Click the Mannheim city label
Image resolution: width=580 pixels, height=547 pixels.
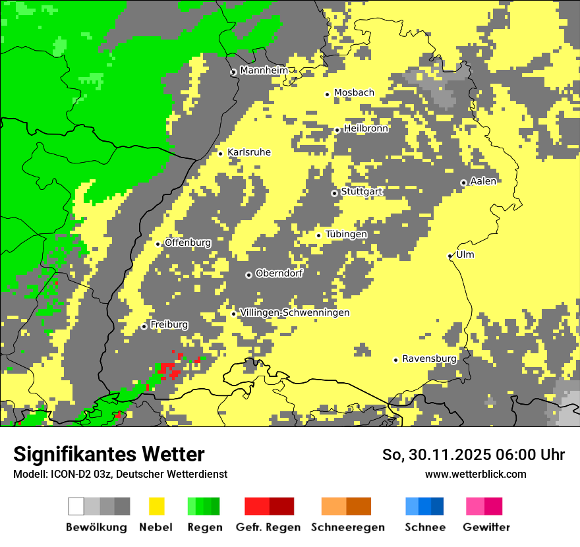tap(264, 71)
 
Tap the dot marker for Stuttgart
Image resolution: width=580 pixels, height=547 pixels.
tap(334, 193)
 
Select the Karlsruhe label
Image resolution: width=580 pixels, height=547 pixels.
tap(249, 152)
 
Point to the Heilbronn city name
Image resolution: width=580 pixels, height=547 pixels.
tap(366, 129)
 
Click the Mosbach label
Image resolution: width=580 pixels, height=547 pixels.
tap(354, 93)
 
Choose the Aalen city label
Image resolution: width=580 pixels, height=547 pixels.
tap(483, 181)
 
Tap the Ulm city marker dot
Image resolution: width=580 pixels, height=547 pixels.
tap(450, 256)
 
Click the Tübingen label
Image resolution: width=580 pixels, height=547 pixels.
tap(346, 234)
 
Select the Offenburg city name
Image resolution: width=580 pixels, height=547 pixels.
tap(188, 243)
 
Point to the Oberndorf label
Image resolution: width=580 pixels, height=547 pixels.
tap(279, 273)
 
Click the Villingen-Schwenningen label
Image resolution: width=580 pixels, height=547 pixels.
tap(295, 312)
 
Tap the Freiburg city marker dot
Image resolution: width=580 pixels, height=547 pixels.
tap(144, 326)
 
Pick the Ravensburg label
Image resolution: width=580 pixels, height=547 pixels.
tap(429, 359)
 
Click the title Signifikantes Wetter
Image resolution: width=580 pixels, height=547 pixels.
tap(109, 454)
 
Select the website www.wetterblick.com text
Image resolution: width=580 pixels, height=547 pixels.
tap(475, 474)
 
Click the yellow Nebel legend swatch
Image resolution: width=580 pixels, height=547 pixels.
tap(156, 506)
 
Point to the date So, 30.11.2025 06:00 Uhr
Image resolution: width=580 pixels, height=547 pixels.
tap(473, 455)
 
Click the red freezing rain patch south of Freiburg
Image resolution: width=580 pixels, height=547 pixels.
tap(170, 370)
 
